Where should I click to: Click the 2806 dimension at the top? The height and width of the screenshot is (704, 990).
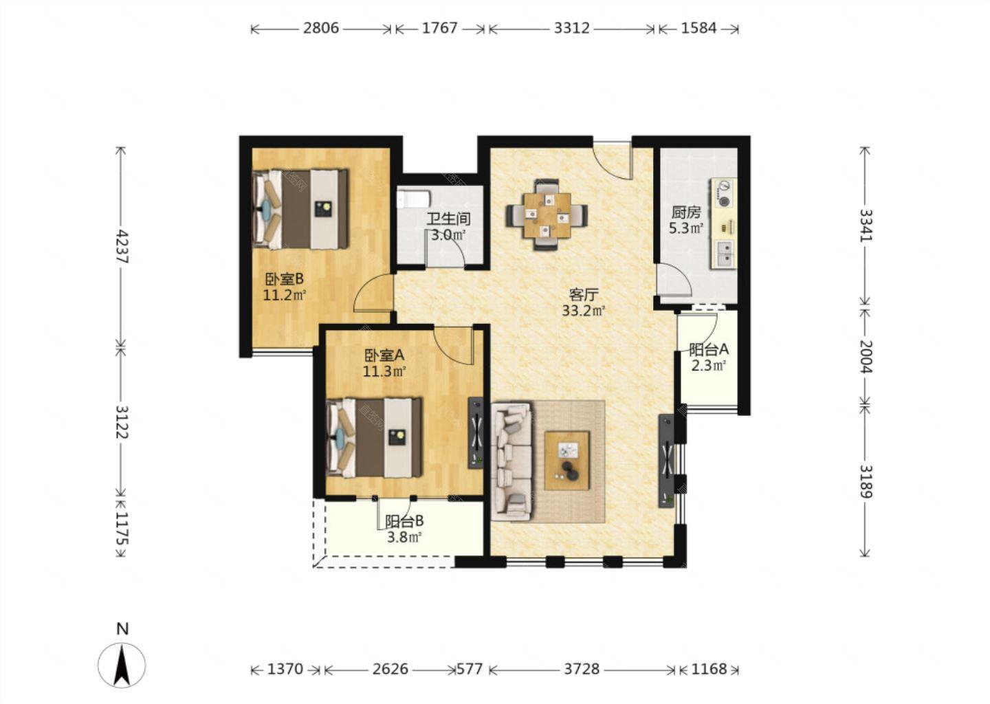click(321, 28)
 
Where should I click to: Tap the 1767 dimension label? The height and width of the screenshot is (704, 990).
click(439, 28)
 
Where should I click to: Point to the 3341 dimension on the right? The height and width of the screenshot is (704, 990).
click(866, 225)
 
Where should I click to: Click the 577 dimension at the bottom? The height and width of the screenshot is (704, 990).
click(470, 669)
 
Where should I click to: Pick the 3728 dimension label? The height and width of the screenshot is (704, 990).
click(582, 669)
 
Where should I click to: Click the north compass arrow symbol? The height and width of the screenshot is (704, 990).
click(122, 665)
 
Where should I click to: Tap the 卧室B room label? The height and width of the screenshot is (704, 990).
click(284, 279)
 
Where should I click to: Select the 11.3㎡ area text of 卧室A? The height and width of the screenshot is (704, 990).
click(384, 371)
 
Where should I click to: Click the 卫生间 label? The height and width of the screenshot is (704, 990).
click(448, 219)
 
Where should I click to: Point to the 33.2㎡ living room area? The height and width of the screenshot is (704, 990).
click(583, 311)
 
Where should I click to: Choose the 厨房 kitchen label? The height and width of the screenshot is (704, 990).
click(686, 212)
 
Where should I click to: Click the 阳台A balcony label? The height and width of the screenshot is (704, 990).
click(709, 349)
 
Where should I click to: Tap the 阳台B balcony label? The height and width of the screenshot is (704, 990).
click(404, 522)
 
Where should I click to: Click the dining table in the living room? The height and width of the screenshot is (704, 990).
click(547, 215)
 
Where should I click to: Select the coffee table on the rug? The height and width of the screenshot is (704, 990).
click(567, 461)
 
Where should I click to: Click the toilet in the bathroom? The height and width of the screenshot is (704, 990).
click(413, 199)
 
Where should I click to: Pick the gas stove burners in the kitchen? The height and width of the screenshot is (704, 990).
click(724, 193)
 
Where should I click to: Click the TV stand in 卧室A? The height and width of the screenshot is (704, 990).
click(476, 432)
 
